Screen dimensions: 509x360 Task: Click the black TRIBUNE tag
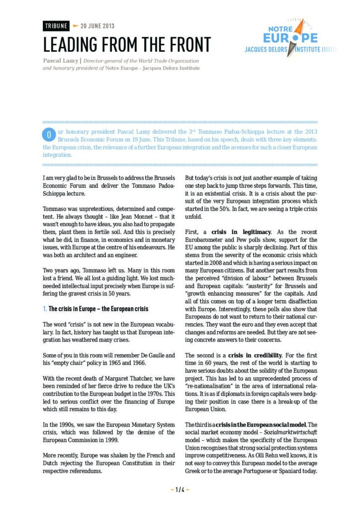pyautogui.click(x=55, y=26)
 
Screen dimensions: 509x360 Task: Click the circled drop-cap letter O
pyautogui.click(x=49, y=134)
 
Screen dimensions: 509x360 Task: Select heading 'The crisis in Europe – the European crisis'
pyautogui.click(x=98, y=309)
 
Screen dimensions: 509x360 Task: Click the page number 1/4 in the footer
pyautogui.click(x=180, y=490)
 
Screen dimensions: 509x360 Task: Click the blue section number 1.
pyautogui.click(x=45, y=309)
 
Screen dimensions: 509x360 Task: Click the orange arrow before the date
pyautogui.click(x=76, y=26)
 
